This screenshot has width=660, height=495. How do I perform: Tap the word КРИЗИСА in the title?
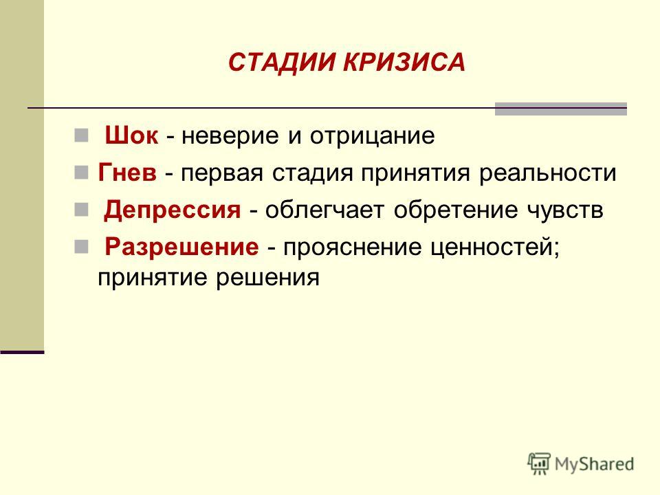[404, 63]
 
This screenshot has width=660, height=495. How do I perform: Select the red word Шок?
[132, 135]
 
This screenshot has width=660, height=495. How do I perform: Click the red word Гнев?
[127, 172]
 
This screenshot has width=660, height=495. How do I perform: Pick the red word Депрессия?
[173, 210]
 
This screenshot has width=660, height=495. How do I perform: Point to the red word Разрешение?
[181, 246]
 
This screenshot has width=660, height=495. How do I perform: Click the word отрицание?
[373, 136]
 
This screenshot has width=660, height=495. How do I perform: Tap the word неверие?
[230, 136]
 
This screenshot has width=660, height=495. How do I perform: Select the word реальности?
[548, 173]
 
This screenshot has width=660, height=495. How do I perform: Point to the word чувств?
[565, 210]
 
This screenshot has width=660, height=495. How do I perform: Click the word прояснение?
[352, 247]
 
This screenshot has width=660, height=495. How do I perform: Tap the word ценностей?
[496, 247]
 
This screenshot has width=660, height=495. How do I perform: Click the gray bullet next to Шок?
[81, 135]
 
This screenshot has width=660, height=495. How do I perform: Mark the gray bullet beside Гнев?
[81, 172]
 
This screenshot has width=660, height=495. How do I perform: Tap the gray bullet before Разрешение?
[81, 247]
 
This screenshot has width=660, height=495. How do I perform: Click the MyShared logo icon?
[539, 464]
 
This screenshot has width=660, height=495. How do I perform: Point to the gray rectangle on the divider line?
[561, 109]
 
